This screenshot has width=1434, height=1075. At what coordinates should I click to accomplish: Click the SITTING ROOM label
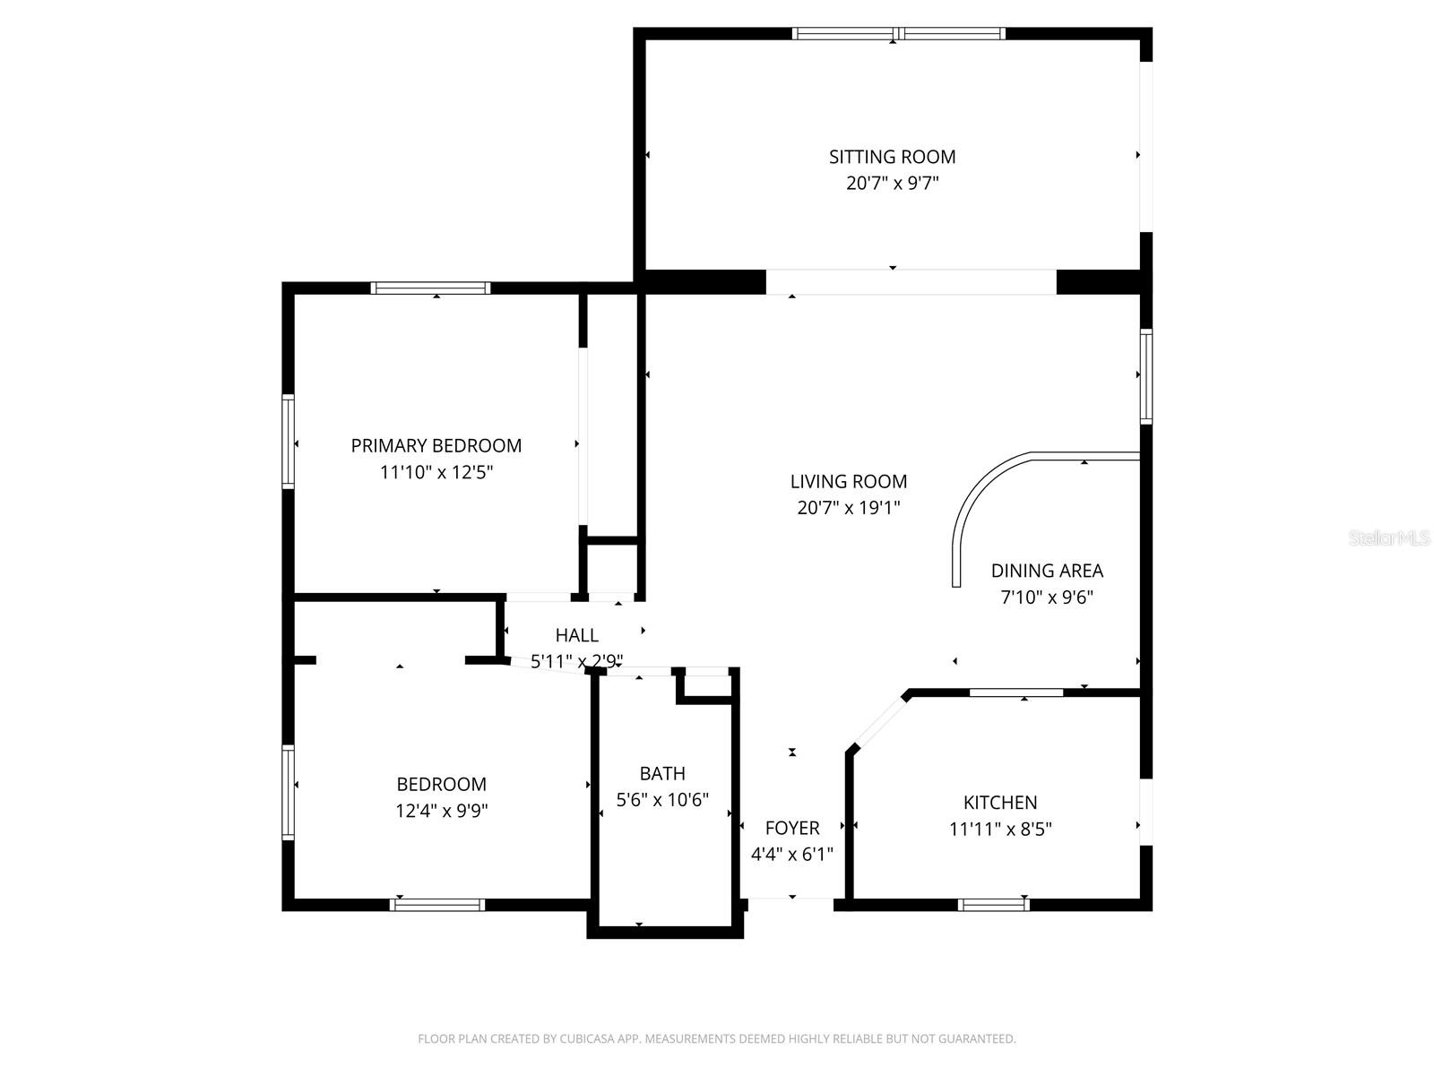click(x=892, y=157)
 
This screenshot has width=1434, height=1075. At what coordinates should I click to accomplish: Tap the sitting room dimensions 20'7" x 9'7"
click(x=892, y=183)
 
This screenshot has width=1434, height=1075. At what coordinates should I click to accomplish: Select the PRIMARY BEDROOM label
click(x=436, y=446)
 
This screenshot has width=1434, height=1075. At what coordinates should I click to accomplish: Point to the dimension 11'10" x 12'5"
click(x=436, y=472)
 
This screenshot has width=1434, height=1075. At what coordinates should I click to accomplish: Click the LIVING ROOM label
click(x=849, y=482)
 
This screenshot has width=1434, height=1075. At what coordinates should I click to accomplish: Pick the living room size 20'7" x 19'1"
click(x=849, y=508)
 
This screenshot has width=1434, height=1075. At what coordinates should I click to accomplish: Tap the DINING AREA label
click(x=1047, y=572)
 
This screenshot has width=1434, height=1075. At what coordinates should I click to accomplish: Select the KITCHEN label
click(x=1000, y=802)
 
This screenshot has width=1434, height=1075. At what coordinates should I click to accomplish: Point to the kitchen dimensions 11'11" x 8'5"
click(x=1000, y=829)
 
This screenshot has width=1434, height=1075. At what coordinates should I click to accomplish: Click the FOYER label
click(x=791, y=829)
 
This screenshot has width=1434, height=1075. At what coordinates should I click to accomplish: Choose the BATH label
click(x=662, y=773)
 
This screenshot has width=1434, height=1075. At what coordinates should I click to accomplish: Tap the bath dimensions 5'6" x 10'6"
click(x=662, y=800)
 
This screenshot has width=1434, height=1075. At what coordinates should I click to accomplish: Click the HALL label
click(x=577, y=635)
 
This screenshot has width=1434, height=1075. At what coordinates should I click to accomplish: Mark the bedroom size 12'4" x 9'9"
click(x=442, y=811)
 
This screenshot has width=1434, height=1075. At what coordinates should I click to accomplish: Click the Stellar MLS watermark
click(x=1389, y=537)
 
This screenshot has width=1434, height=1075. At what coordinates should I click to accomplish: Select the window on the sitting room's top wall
click(x=899, y=34)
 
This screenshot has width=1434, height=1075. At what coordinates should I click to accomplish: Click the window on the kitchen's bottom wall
click(x=994, y=905)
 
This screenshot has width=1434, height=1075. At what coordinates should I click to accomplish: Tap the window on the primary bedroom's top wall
click(x=430, y=288)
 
